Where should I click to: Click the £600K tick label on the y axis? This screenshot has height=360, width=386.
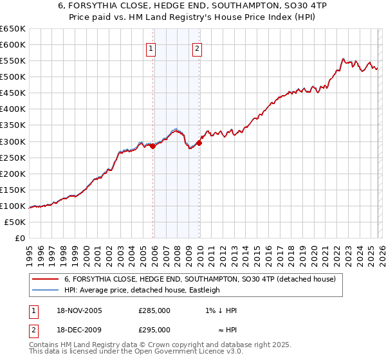pyautogui.click(x=13, y=45)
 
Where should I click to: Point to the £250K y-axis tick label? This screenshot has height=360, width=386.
pyautogui.click(x=13, y=157)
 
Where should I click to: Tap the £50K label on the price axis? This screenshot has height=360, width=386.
pyautogui.click(x=15, y=222)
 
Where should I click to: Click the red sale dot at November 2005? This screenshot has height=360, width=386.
pyautogui.click(x=153, y=146)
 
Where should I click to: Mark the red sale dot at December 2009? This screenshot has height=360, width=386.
pyautogui.click(x=199, y=143)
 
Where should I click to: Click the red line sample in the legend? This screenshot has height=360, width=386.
pyautogui.click(x=45, y=280)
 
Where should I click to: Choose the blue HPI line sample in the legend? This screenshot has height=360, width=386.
pyautogui.click(x=45, y=290)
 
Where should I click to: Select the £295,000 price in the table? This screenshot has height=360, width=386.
pyautogui.click(x=154, y=329)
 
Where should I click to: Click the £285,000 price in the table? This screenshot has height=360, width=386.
pyautogui.click(x=154, y=310)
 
